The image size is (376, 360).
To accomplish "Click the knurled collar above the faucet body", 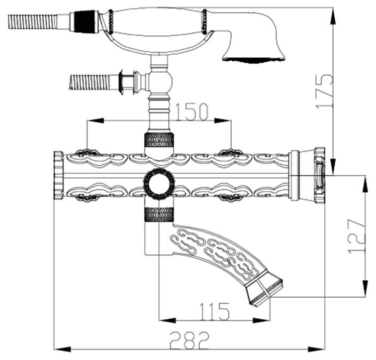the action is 159,141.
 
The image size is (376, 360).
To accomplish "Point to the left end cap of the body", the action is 58,176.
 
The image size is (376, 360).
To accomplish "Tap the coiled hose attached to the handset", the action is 33,21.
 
